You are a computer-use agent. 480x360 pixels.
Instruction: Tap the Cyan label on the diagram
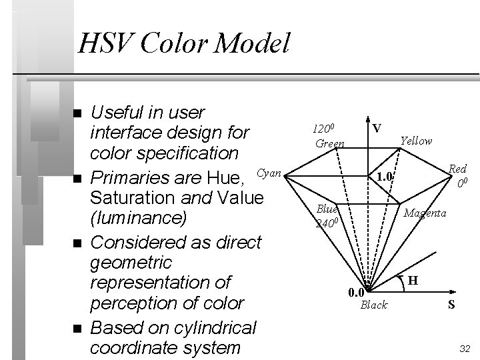tap(269, 173)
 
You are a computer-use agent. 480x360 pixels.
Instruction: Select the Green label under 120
tap(329, 143)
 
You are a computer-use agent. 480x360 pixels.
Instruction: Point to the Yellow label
tap(416, 141)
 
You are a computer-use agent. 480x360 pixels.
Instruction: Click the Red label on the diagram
tap(457, 169)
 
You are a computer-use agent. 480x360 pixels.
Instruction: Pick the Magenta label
tap(425, 213)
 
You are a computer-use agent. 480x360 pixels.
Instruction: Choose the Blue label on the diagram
tap(327, 208)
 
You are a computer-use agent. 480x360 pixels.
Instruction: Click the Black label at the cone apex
tap(373, 305)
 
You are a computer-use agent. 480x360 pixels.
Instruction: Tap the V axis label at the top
tap(377, 127)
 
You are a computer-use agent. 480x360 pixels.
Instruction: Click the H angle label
tap(413, 281)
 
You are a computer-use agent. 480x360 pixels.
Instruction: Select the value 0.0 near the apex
tap(356, 292)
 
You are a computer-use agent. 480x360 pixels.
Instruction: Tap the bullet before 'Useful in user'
tap(78, 113)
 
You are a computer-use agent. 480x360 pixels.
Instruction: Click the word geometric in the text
tap(130, 263)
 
